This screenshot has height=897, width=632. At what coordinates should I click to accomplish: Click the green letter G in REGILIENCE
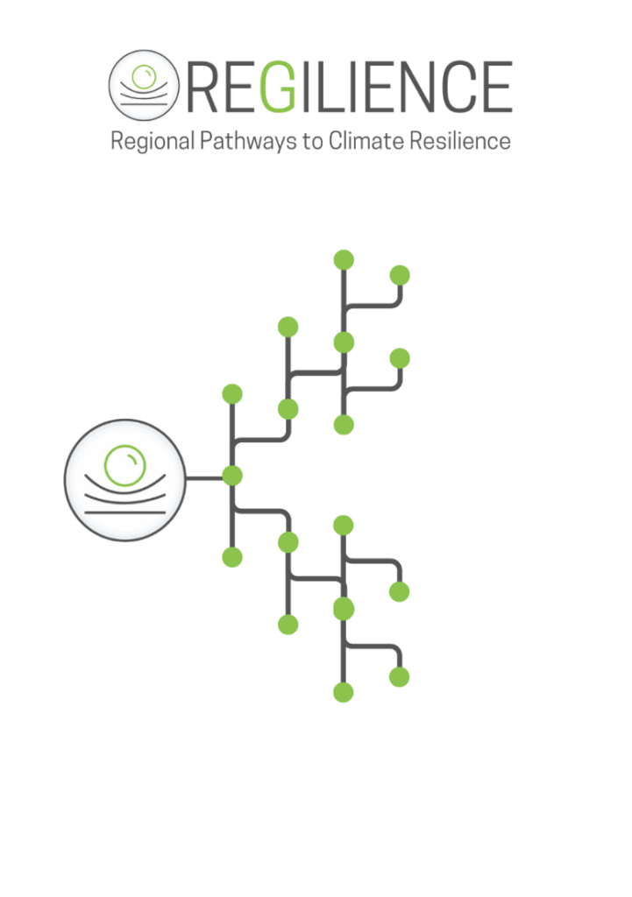(279, 87)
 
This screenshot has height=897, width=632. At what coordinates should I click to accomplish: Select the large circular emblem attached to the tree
(125, 479)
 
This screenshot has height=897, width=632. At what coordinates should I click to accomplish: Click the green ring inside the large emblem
(124, 465)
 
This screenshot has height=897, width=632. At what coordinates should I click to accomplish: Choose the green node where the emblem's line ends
(232, 477)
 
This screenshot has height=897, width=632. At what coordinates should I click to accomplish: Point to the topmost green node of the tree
(344, 259)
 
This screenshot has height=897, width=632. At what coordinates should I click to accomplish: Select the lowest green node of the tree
(344, 692)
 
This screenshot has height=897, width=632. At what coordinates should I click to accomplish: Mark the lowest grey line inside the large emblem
(125, 511)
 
